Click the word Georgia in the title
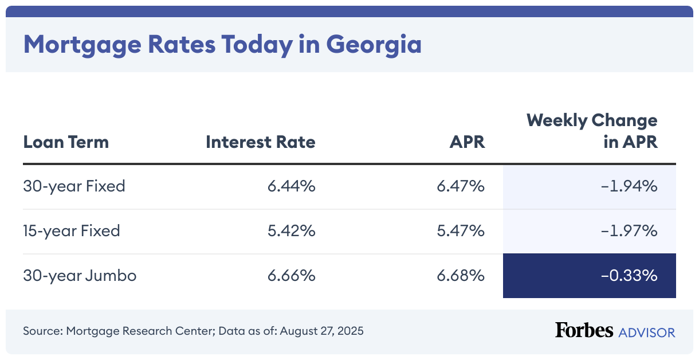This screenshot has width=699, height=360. pyautogui.click(x=374, y=44)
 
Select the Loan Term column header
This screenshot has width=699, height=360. pyautogui.click(x=66, y=142)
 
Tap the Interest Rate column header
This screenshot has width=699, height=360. pyautogui.click(x=261, y=142)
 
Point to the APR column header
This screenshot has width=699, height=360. pyautogui.click(x=467, y=142)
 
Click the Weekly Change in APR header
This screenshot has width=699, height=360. pyautogui.click(x=592, y=131)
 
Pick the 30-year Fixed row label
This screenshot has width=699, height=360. pyautogui.click(x=74, y=186)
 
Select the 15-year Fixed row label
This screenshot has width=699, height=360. pyautogui.click(x=72, y=231)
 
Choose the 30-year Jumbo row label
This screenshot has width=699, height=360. pyautogui.click(x=80, y=276)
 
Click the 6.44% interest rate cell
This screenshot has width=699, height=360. pyautogui.click(x=291, y=186)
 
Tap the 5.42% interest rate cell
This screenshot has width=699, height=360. pyautogui.click(x=291, y=231)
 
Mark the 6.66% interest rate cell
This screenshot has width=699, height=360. pyautogui.click(x=291, y=276)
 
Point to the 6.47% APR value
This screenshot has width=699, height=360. pyautogui.click(x=461, y=186)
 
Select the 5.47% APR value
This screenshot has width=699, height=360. pyautogui.click(x=461, y=231)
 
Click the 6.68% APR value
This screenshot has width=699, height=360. pyautogui.click(x=461, y=276)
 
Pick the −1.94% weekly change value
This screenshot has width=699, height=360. pyautogui.click(x=629, y=186)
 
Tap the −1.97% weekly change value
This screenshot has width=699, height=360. pyautogui.click(x=629, y=231)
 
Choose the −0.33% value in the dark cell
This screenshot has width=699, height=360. pyautogui.click(x=629, y=276)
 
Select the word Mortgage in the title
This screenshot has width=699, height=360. pyautogui.click(x=76, y=44)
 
